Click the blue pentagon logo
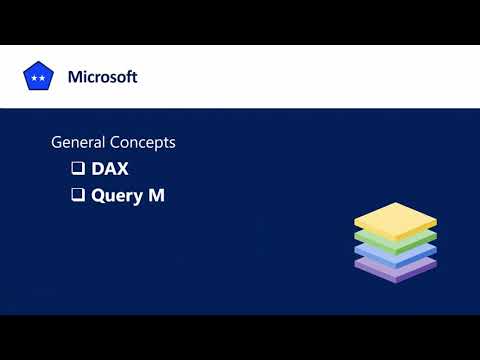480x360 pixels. (38, 77)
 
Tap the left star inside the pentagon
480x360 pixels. (34, 78)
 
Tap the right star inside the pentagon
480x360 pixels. (42, 78)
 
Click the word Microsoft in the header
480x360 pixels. (102, 77)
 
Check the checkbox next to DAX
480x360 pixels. (77, 169)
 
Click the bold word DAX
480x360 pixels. (110, 169)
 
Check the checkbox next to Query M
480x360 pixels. (77, 196)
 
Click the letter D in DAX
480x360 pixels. (98, 169)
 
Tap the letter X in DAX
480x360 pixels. (122, 169)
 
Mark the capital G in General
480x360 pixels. (57, 143)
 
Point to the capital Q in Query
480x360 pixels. (98, 196)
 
